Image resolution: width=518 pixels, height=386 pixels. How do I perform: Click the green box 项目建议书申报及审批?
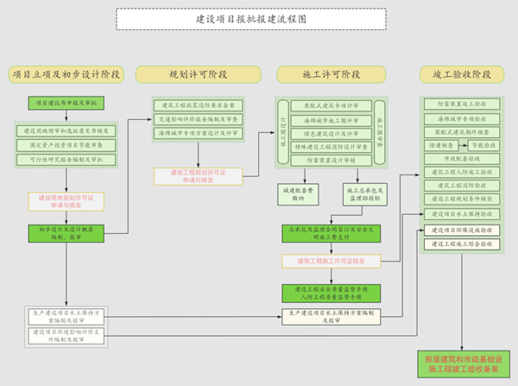point(66,103)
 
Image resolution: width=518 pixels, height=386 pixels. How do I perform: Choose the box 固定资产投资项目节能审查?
point(66,144)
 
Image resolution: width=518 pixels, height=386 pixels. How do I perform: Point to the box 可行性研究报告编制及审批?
point(66,159)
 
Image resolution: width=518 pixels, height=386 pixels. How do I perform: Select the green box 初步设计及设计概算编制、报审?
point(66,233)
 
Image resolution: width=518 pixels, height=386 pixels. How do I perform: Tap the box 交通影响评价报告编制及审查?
point(199,119)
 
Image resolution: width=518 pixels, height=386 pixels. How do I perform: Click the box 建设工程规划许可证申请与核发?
point(199,175)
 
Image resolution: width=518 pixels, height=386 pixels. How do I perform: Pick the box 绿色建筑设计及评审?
point(331,133)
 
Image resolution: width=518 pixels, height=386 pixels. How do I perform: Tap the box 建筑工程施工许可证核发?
point(331,260)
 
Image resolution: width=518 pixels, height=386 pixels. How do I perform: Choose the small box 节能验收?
point(483,146)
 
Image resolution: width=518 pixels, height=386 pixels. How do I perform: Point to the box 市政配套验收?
point(462,159)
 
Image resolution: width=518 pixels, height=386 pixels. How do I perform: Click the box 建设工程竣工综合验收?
point(462,244)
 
